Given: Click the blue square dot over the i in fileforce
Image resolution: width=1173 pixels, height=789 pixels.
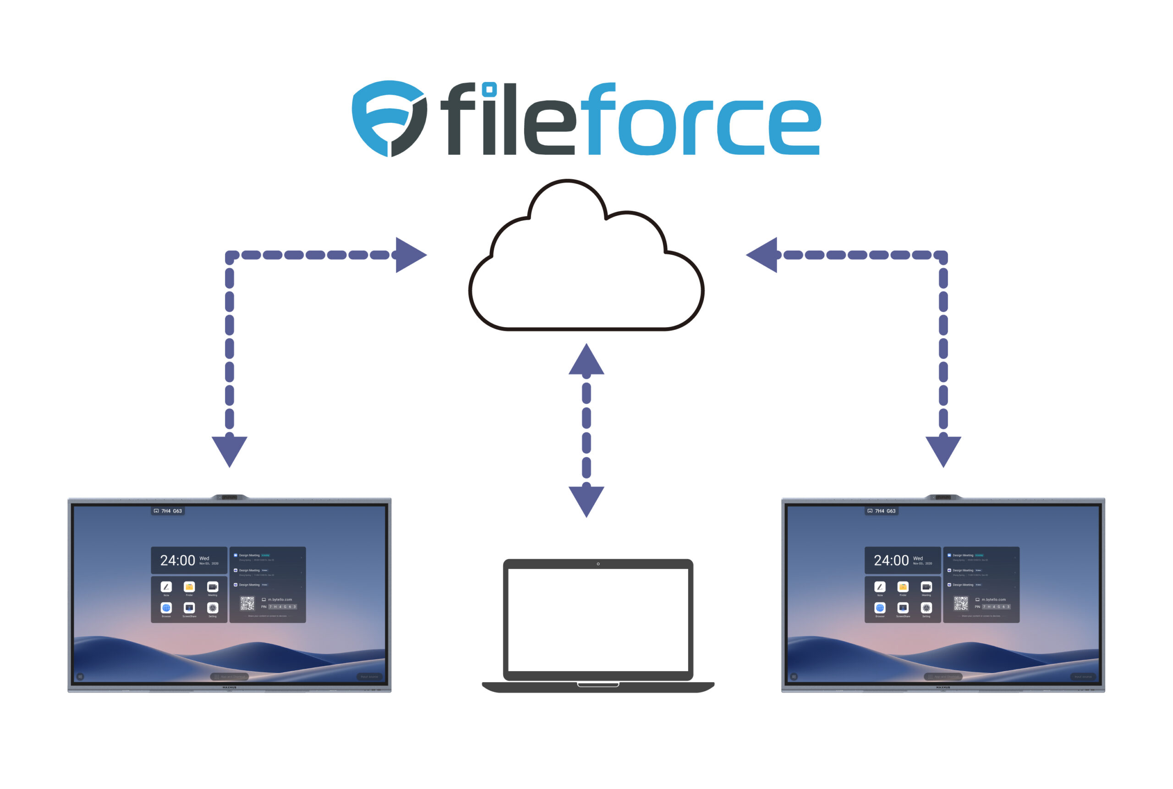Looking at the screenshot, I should coord(489,89).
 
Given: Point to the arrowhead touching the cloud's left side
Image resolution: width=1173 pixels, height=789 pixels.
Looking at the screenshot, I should coord(410,255).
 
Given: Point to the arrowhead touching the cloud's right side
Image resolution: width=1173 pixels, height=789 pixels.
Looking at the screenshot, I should coord(763,255).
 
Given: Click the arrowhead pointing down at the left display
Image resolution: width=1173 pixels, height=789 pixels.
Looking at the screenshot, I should coord(230,450).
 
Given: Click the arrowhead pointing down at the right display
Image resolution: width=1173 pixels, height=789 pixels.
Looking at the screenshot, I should coord(943,450).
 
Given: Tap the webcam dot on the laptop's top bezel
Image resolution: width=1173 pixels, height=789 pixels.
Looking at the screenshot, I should coord(598,564).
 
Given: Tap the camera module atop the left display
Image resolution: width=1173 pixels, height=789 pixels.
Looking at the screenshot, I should coord(230,497).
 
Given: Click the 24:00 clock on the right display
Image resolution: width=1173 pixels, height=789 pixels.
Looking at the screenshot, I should coord(891,560).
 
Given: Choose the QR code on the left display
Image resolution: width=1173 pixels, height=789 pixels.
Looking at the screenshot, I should coord(247,603).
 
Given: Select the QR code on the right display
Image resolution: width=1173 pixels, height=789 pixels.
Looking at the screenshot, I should coord(961,603).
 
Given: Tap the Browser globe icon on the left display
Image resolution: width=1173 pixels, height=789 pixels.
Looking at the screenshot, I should coord(166,608).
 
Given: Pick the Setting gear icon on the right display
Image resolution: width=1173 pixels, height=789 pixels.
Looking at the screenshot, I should coord(926,608).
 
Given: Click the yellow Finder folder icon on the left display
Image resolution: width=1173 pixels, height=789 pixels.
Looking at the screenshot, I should coord(189,587).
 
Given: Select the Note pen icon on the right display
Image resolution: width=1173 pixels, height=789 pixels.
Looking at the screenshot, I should coord(880,587).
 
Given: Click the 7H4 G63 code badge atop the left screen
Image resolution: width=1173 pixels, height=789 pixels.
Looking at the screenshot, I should coord(168,511).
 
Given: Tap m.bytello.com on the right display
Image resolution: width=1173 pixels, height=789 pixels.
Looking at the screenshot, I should coord(993,600).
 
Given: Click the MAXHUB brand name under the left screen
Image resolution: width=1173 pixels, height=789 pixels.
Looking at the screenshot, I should coord(230,687).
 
